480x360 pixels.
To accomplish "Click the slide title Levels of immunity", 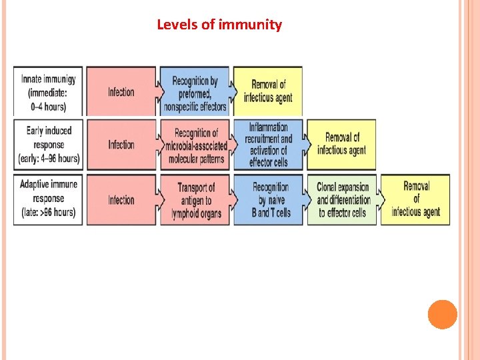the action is (219, 25).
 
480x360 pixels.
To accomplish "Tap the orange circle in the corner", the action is (442, 315).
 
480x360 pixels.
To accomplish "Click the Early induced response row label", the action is (49, 144).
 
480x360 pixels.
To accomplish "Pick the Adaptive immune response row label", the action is (49, 199).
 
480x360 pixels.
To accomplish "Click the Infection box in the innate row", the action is (121, 92).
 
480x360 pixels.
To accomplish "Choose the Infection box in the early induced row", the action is (121, 145).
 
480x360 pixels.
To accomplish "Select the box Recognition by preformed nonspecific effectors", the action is (195, 92).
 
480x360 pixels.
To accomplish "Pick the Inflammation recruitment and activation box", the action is (268, 144).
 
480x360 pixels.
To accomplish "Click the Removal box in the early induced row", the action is (341, 145).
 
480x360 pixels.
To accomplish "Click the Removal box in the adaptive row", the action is (415, 199).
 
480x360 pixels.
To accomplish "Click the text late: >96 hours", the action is (48, 213).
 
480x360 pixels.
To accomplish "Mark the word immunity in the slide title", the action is (250, 25).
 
